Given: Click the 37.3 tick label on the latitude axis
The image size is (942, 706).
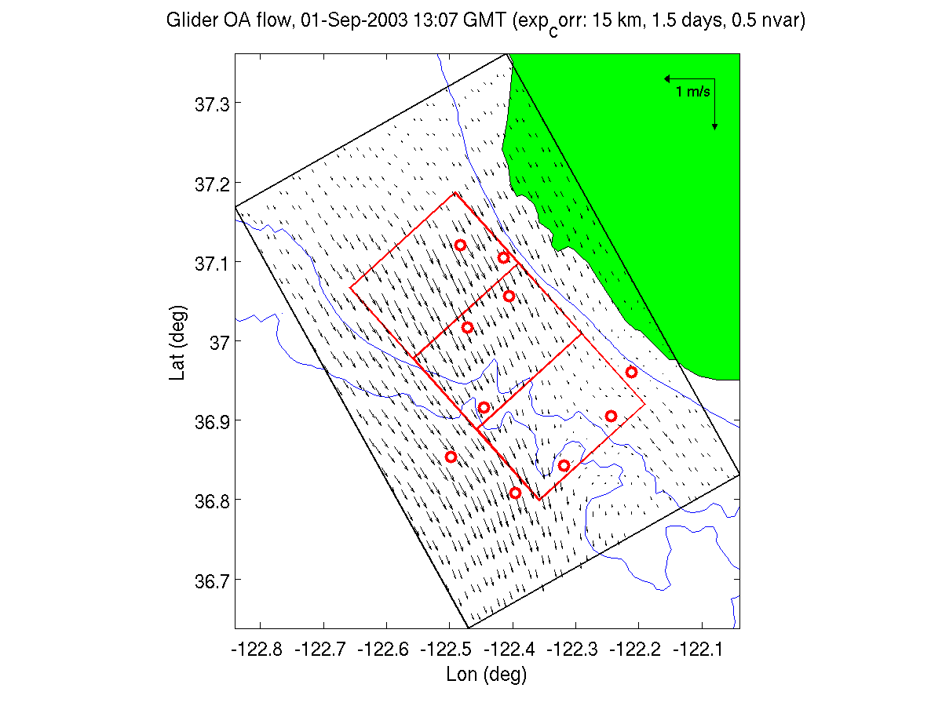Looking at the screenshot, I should (210, 104).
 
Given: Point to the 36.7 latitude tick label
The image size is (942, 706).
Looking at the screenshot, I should (210, 580).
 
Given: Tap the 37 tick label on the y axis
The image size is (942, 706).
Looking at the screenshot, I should (218, 341).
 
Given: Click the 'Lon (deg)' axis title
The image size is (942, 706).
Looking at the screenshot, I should (486, 674).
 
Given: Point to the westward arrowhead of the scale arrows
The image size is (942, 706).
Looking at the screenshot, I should (666, 78).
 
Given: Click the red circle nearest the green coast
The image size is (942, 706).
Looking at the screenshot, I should (631, 372).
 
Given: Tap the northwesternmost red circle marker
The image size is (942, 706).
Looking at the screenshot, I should (460, 246).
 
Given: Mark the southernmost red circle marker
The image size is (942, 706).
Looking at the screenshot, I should (515, 493).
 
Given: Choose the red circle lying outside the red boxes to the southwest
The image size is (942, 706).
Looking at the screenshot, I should (451, 457).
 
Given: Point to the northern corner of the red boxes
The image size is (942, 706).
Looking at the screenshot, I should (455, 193).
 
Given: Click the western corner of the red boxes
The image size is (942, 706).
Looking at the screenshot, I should (350, 288).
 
